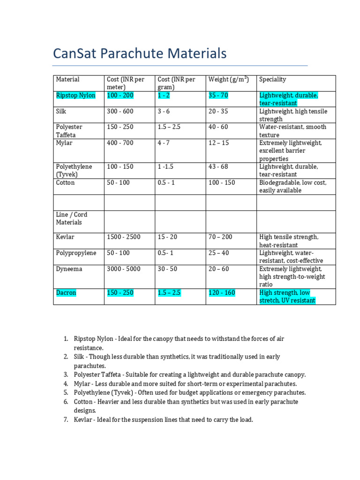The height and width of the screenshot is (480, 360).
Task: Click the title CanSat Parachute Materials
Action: pos(140,54)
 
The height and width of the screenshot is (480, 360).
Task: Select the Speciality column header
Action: pos(272,80)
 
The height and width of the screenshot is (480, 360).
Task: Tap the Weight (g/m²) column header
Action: pos(228,80)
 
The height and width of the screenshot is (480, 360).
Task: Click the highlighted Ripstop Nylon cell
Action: pos(75,96)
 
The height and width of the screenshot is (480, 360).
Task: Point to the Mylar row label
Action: pos(64,143)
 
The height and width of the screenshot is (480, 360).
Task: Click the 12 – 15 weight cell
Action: pos(218,143)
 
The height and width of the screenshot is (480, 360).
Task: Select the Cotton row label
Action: pos(65,183)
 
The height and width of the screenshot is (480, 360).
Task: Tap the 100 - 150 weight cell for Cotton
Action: pos(222,183)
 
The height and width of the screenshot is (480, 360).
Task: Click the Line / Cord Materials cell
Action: pos(72,218)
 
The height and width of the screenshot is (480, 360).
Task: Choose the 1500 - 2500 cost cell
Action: pos(123,237)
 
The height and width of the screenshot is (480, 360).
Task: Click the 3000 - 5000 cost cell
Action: pos(123,269)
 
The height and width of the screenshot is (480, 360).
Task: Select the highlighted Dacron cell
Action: pos(66,293)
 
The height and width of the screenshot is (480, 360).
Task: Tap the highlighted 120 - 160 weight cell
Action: pos(222,293)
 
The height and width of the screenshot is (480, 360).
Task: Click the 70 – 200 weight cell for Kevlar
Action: pos(220,237)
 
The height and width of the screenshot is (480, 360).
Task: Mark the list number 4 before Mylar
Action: pos(66,383)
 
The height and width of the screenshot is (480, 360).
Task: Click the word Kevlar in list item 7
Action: pos(83,420)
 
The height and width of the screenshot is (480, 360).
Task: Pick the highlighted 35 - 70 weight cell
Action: pos(218,96)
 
